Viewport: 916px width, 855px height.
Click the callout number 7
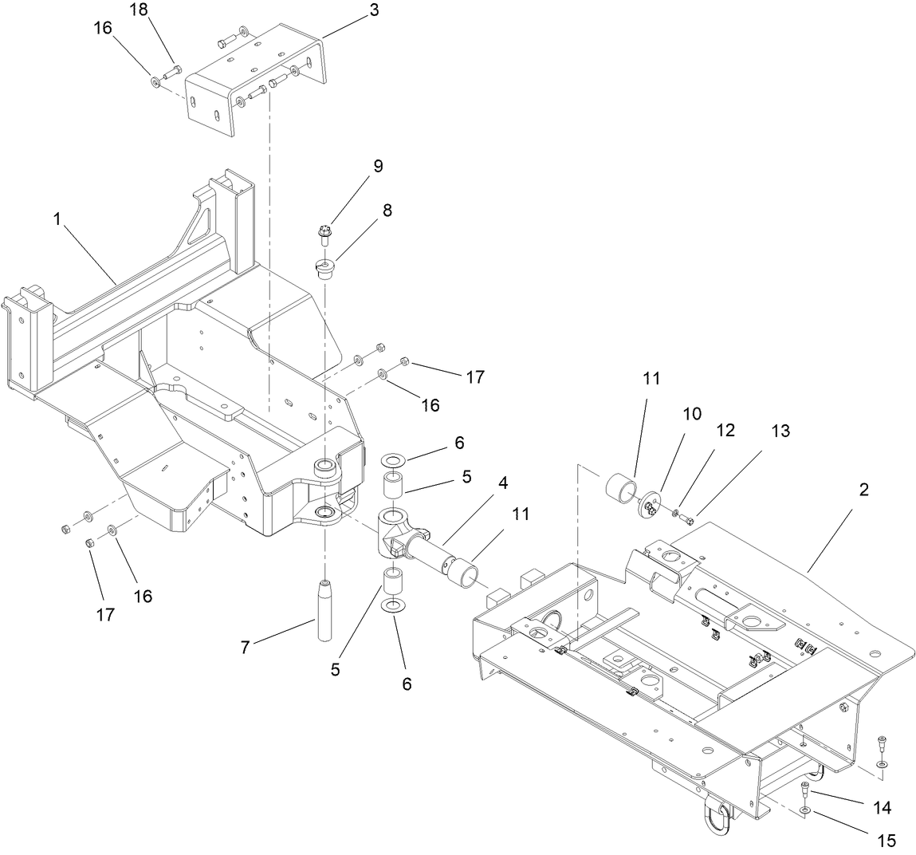[x=246, y=648]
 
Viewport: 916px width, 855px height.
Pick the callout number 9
[x=377, y=166]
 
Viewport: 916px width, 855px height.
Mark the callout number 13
[x=780, y=431]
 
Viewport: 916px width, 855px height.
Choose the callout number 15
[x=886, y=840]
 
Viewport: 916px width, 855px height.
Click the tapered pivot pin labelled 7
[x=324, y=610]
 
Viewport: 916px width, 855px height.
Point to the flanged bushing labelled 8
[x=326, y=269]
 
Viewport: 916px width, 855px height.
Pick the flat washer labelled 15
[x=807, y=811]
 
